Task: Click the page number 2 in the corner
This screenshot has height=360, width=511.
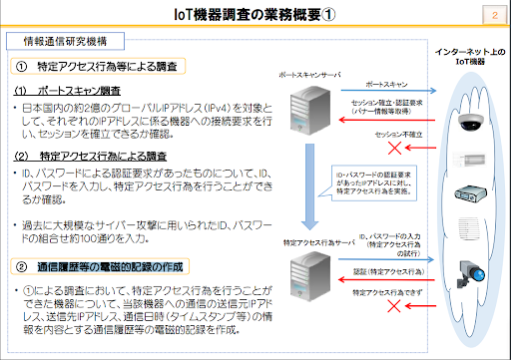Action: coord(496,14)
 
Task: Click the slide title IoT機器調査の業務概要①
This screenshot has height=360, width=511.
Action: coord(255,14)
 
